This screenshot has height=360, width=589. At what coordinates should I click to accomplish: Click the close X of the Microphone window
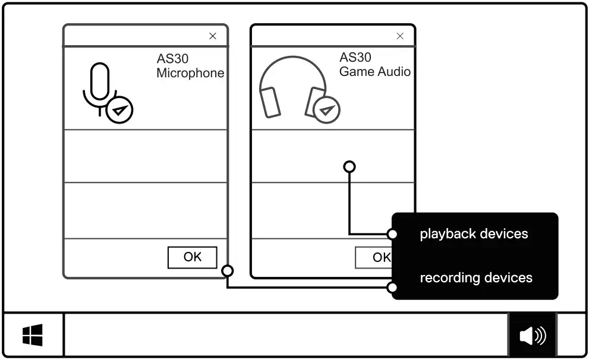(213, 36)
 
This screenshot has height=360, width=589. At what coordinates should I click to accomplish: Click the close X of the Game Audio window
(400, 36)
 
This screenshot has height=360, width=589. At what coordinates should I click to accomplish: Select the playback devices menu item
(474, 233)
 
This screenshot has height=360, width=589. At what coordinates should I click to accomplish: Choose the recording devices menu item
(475, 277)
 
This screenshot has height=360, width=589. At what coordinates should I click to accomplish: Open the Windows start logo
(33, 336)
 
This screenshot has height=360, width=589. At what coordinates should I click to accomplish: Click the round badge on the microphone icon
(119, 110)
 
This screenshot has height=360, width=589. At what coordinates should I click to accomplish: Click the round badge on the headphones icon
(326, 109)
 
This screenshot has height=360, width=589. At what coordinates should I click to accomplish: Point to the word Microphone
(190, 73)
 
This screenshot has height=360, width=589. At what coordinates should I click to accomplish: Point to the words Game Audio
(374, 71)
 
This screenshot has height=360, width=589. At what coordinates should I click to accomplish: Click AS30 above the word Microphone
(173, 59)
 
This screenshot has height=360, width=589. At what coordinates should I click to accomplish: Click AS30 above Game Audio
(355, 57)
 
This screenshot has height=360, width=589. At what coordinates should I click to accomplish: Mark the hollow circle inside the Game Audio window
(349, 167)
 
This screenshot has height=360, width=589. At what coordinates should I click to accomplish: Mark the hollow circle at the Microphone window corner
(227, 271)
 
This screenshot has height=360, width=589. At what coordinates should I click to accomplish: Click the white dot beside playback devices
(392, 233)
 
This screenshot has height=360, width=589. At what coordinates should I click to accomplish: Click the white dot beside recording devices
(392, 288)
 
